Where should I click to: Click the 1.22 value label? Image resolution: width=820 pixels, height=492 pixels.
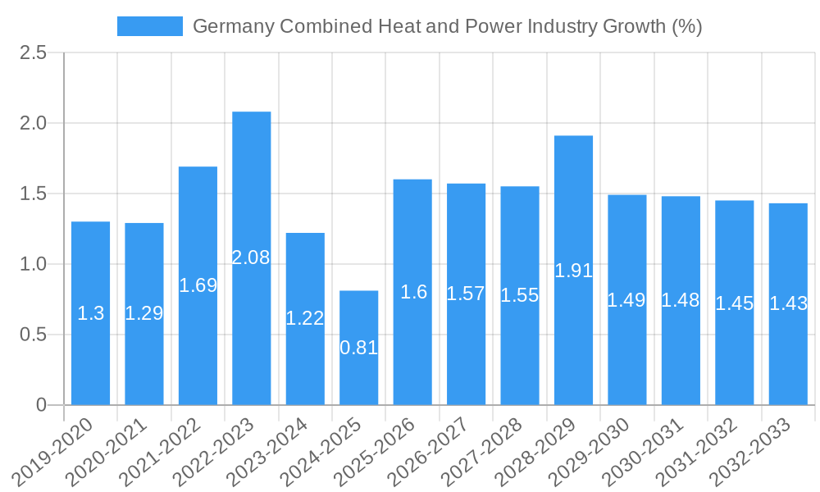pyautogui.click(x=305, y=318)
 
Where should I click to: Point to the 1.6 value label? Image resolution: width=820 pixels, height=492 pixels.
pyautogui.click(x=413, y=292)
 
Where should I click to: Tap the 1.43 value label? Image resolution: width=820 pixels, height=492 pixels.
pyautogui.click(x=788, y=303)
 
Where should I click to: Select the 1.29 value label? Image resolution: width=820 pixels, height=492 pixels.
pyautogui.click(x=144, y=312)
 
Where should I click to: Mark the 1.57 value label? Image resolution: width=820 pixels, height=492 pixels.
pyautogui.click(x=466, y=294)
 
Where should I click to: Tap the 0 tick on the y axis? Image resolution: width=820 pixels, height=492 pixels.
pyautogui.click(x=42, y=405)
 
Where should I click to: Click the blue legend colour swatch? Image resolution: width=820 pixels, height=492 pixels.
pyautogui.click(x=150, y=26)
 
